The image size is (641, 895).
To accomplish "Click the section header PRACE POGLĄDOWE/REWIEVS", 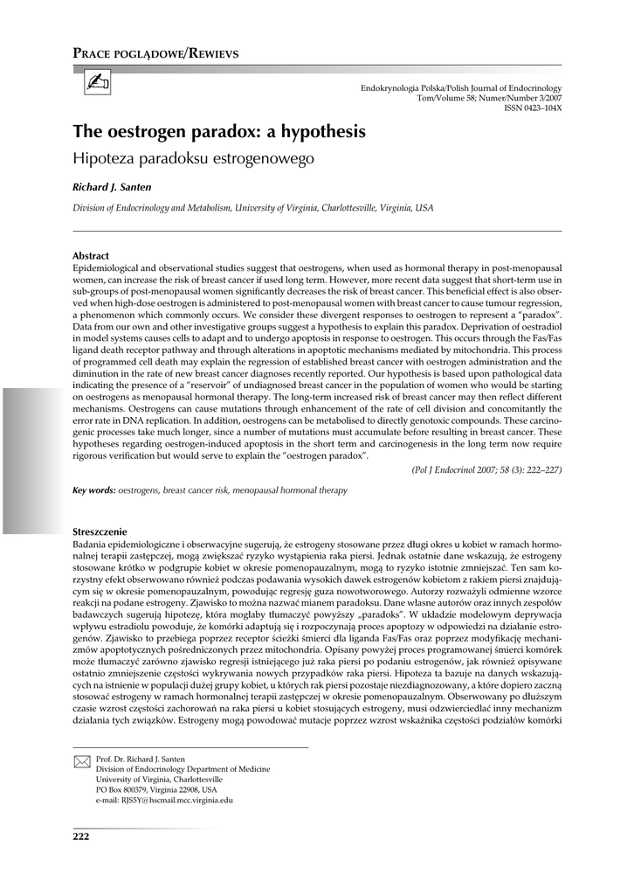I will coord(155,53).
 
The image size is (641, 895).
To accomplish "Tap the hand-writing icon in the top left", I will coord(94,84).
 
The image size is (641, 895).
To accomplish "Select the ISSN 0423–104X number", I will coord(533,108).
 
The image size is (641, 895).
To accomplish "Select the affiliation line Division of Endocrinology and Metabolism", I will coord(252,208).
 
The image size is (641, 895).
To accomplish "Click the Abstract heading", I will coord(90,256).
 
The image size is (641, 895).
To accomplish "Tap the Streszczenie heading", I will coord(100,531).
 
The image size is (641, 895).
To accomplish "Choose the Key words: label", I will coord(93,491).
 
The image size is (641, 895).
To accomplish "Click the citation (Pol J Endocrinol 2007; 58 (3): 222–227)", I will coord(486,470).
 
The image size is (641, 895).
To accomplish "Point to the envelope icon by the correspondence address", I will coord(82,762).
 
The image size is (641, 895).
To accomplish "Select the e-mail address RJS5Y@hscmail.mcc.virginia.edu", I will coord(164,800).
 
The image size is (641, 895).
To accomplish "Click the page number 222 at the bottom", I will coord(81,838).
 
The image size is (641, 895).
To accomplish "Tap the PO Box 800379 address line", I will coord(156,789).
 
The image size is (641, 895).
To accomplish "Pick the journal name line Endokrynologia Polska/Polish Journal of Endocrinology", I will coord(460,88).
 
